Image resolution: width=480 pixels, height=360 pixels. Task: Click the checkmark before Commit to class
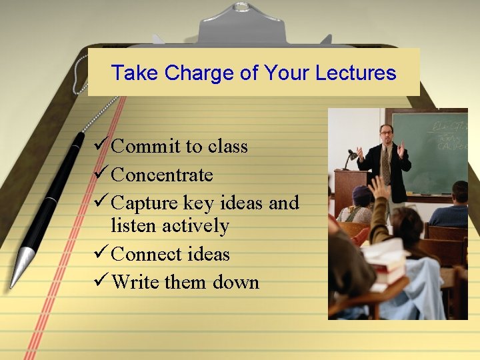pyautogui.click(x=101, y=145)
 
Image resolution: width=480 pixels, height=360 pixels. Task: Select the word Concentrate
pyautogui.click(x=162, y=175)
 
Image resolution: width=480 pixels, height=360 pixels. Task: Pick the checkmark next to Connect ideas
pyautogui.click(x=101, y=253)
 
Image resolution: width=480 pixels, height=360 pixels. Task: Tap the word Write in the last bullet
pyautogui.click(x=136, y=282)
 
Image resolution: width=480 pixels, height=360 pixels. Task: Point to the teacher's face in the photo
pyautogui.click(x=386, y=132)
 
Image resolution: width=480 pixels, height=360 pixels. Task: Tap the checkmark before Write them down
pyautogui.click(x=101, y=281)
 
